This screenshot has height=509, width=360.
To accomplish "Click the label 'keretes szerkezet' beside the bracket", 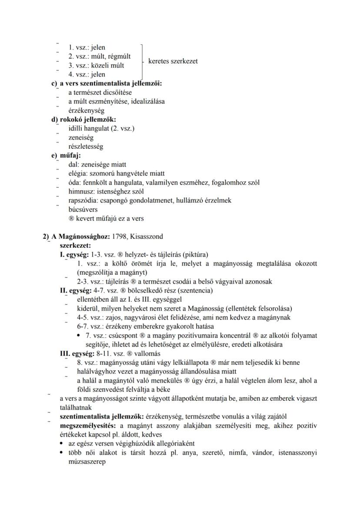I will coord(173,61).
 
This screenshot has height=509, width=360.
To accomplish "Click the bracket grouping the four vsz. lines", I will coord(143,60).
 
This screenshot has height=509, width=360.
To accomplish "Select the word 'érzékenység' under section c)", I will coord(86,110).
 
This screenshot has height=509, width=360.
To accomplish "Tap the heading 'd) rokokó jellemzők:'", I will coord(84,120).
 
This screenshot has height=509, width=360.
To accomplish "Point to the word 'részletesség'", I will coord(86,146).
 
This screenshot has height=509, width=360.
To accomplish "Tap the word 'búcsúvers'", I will coord(83,210).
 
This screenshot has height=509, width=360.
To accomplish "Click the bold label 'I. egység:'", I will coord(74,254).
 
